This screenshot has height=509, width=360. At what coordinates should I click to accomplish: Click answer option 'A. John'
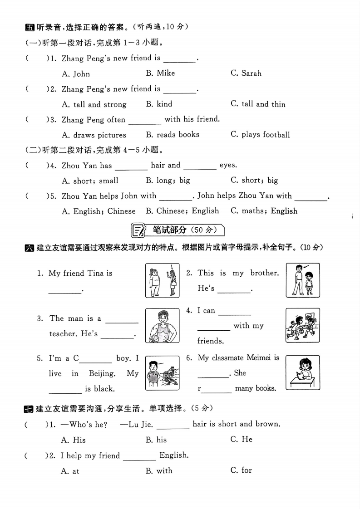76,73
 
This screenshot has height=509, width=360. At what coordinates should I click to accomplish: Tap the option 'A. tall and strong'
94,104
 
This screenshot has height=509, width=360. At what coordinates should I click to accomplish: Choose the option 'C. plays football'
260,135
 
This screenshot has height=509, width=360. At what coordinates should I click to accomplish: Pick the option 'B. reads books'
173,135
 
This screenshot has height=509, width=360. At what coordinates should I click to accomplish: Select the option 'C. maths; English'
264,211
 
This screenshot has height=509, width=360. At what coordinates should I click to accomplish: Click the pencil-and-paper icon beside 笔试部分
138,230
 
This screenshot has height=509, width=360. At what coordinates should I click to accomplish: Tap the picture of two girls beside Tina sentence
162,280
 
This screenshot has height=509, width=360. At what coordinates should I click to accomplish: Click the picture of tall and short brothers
302,280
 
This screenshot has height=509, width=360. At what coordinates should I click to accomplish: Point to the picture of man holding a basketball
162,325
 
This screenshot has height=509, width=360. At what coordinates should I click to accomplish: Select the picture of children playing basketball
302,325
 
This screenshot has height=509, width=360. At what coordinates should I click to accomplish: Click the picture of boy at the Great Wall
162,373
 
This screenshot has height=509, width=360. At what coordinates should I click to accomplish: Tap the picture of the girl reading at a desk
302,373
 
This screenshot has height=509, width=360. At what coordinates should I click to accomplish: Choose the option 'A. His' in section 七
73,440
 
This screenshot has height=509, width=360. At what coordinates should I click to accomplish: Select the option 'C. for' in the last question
241,470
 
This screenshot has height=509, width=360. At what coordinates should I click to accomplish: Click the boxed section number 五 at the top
30,27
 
